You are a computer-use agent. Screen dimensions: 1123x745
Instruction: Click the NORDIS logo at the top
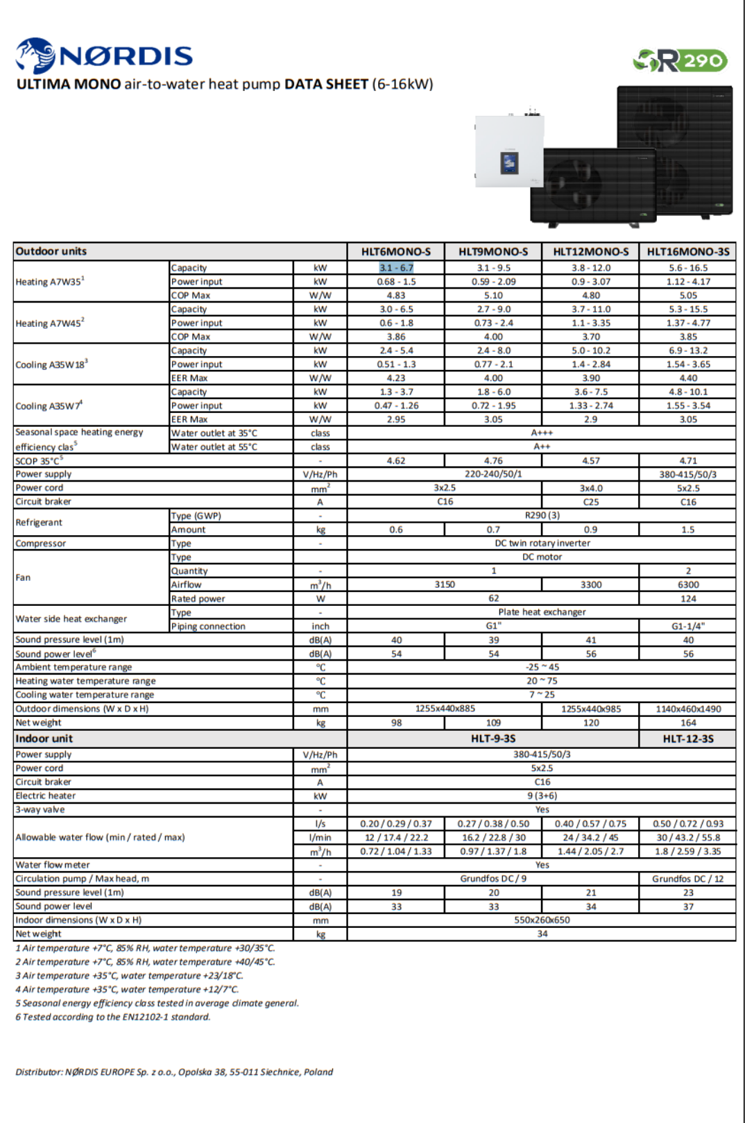(104, 56)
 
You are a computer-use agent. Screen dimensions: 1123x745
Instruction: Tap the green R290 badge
(680, 61)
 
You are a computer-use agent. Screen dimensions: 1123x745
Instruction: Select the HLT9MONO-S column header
(493, 252)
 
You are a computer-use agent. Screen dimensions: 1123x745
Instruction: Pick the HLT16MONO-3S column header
(687, 252)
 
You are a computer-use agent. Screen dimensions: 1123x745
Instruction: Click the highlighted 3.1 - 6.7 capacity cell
(395, 268)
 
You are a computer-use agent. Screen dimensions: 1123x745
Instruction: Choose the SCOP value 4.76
(493, 461)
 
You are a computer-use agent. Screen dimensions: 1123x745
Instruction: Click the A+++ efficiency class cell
(542, 433)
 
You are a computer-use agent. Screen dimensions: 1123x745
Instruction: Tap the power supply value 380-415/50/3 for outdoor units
(687, 475)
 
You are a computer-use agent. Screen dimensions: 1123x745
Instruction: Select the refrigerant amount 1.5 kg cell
(687, 530)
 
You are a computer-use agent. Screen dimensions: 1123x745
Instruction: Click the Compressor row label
(41, 543)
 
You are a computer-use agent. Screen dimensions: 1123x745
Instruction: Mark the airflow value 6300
(687, 585)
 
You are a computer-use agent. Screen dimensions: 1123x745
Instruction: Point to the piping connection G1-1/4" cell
(687, 626)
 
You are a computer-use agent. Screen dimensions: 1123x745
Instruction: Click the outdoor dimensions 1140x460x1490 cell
(687, 709)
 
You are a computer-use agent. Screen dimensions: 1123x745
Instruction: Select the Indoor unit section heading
(44, 738)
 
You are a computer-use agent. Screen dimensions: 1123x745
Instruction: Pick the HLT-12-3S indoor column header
(687, 738)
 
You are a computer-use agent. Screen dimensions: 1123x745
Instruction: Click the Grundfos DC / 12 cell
(687, 879)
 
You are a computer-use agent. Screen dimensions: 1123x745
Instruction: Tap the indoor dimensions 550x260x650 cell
(542, 920)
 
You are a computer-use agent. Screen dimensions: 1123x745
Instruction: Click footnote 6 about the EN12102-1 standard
(113, 1017)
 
